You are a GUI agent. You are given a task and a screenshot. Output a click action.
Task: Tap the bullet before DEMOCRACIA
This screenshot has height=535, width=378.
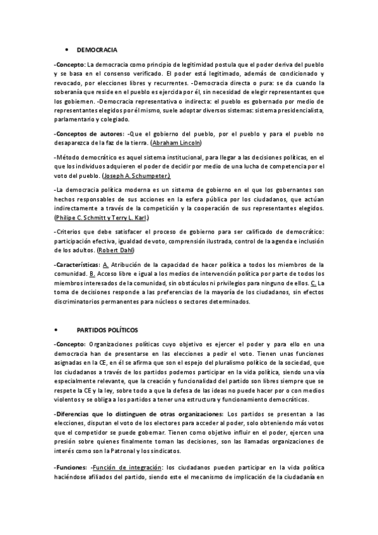click(x=66, y=49)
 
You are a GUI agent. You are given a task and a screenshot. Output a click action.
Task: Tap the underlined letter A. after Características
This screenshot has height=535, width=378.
click(x=106, y=264)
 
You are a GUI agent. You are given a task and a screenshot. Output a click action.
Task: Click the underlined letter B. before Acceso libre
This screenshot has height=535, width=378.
click(x=92, y=273)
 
